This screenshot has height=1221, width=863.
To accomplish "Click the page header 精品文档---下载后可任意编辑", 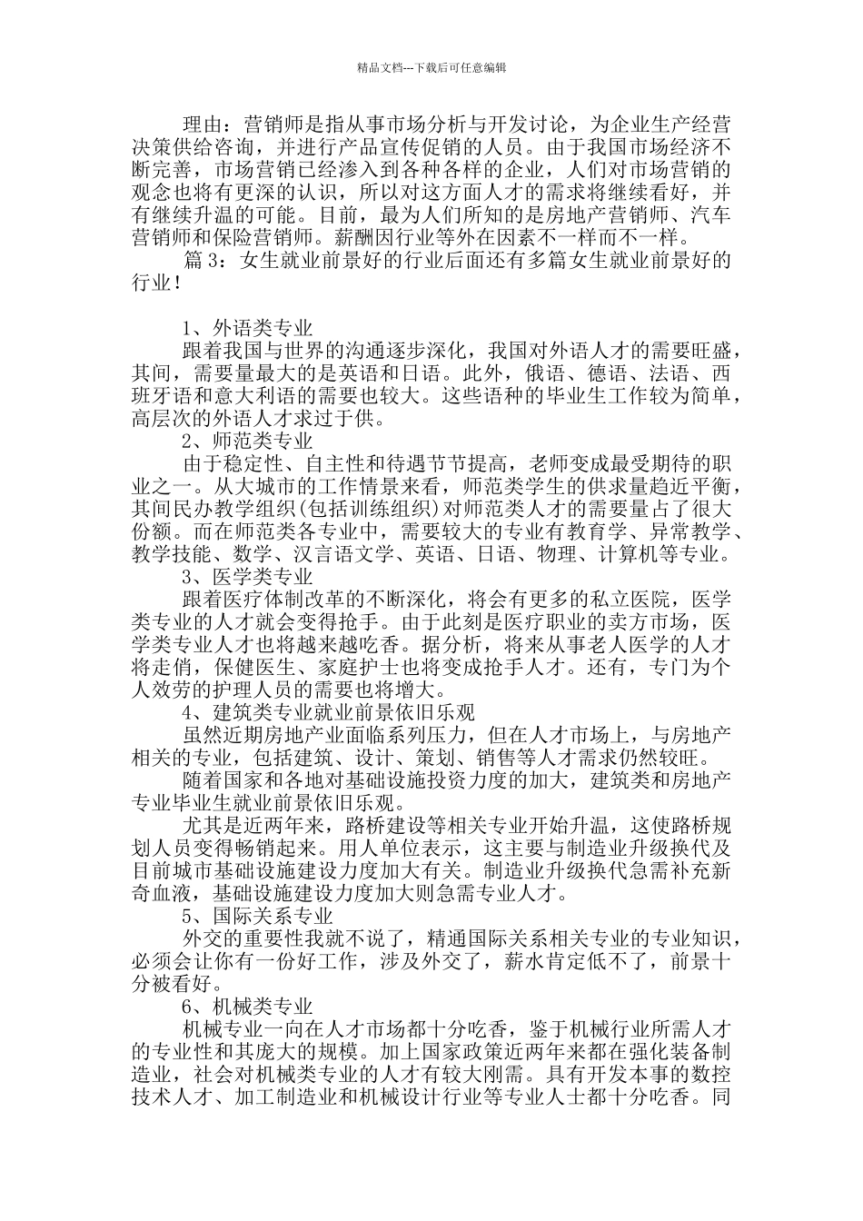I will tap(431, 67).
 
